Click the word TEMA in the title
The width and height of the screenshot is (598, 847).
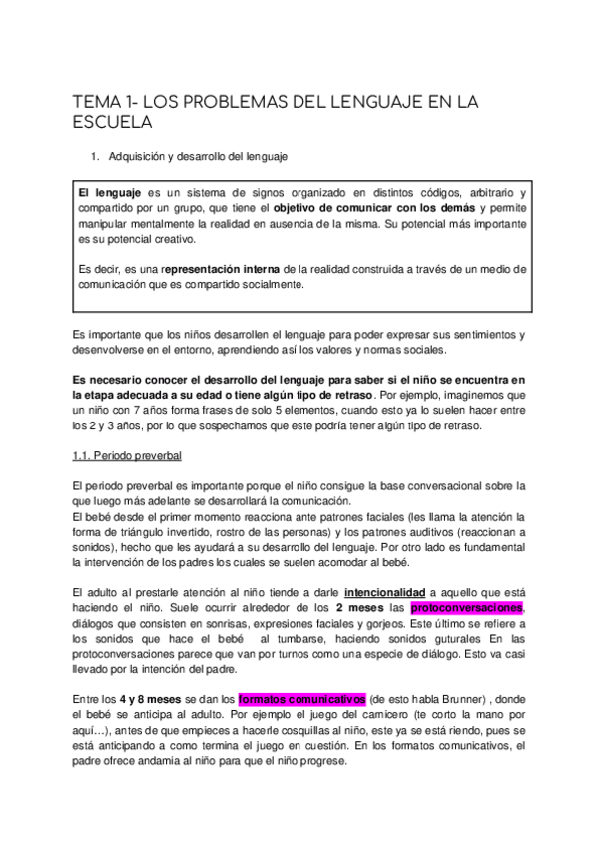[96, 101]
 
